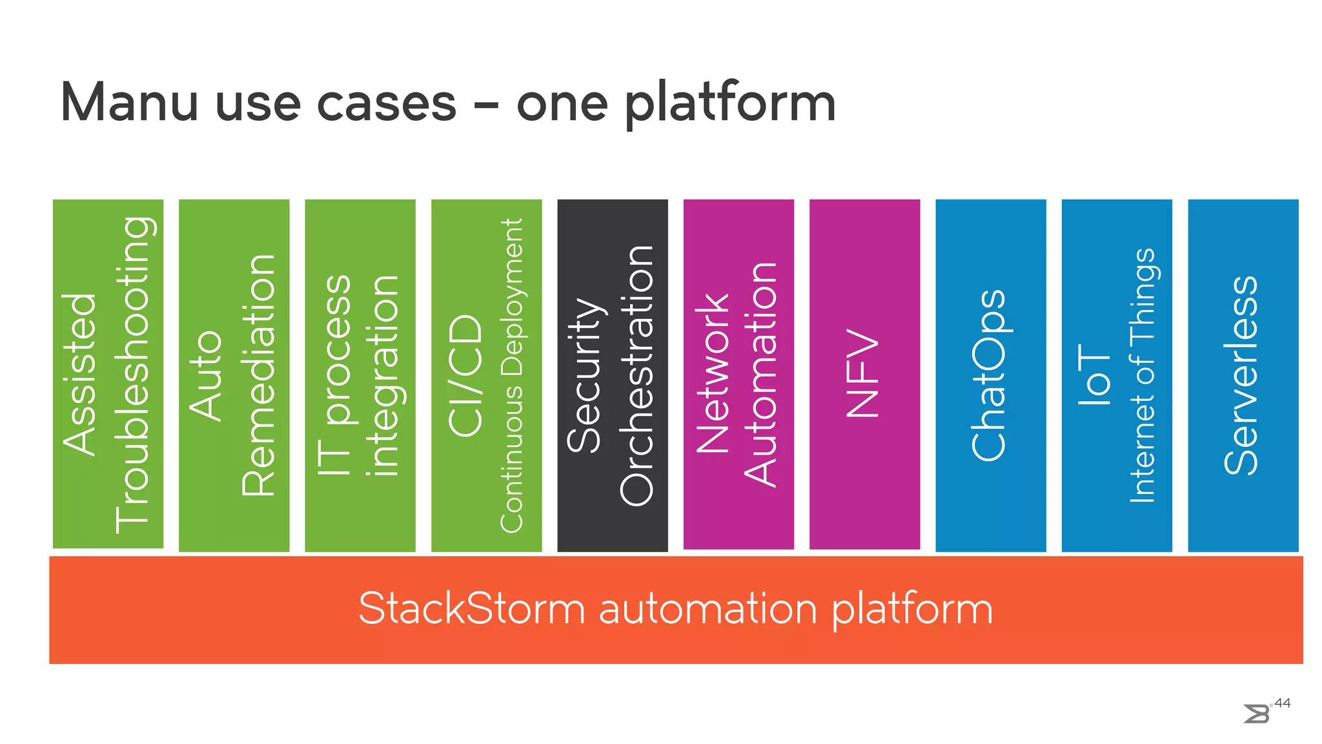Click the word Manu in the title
128,102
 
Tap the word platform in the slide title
730,103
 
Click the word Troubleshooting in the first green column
133,375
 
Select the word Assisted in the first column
80,375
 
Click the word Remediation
259,375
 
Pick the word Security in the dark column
584,375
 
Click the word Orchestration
637,375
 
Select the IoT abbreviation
1094,375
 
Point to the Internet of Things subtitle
1142,375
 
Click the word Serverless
1241,375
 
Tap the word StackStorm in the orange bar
471,608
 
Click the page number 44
1283,703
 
